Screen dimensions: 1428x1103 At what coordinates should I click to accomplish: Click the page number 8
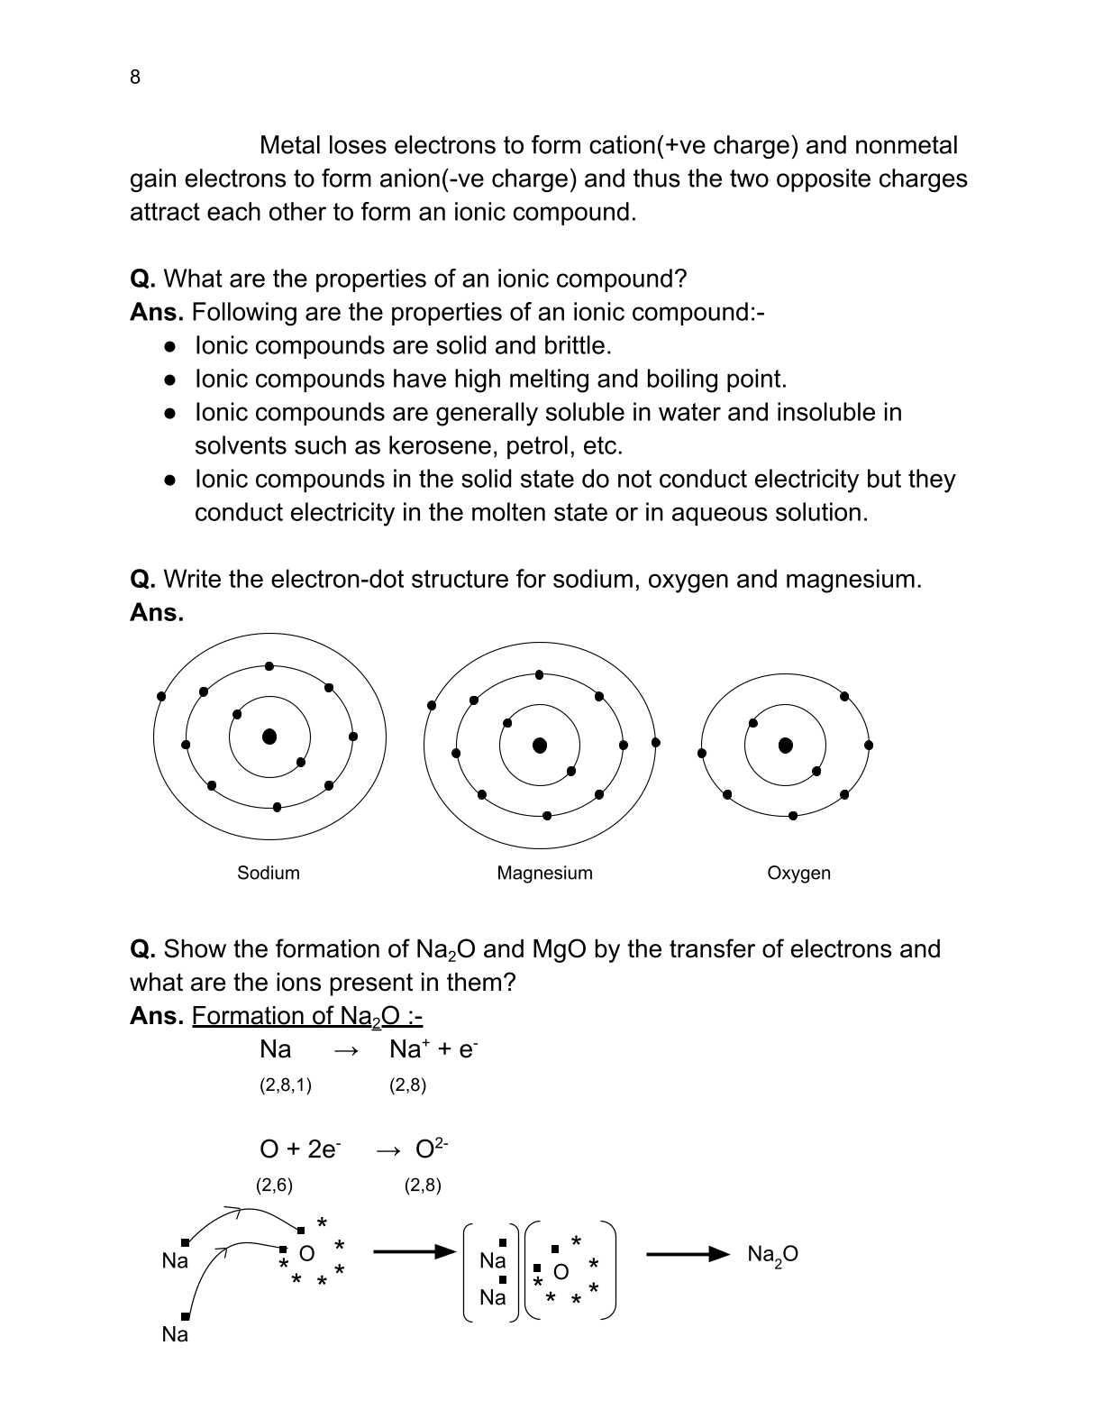coord(135,78)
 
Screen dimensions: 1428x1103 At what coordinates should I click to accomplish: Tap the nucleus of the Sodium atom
coord(269,737)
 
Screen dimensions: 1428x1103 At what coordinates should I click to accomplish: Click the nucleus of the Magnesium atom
coord(540,745)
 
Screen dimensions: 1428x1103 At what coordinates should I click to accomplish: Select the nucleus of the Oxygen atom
coord(785,745)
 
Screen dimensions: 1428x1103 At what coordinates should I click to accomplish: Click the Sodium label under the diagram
coord(268,873)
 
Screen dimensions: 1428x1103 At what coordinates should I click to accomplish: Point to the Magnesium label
coord(544,873)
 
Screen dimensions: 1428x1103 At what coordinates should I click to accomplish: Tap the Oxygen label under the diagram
coord(798,873)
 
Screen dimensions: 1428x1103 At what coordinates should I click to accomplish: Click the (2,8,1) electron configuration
coord(285,1085)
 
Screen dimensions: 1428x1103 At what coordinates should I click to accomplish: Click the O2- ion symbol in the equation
coord(431,1149)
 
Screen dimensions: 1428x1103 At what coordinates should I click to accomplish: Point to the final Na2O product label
coord(772,1254)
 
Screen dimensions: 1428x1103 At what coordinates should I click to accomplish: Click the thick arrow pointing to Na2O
coord(688,1254)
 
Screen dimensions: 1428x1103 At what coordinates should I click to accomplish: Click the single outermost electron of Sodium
coord(161,696)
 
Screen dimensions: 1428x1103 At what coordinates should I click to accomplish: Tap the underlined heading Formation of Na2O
coord(306,1016)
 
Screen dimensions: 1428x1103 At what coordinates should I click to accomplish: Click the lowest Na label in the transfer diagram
coord(175,1334)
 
